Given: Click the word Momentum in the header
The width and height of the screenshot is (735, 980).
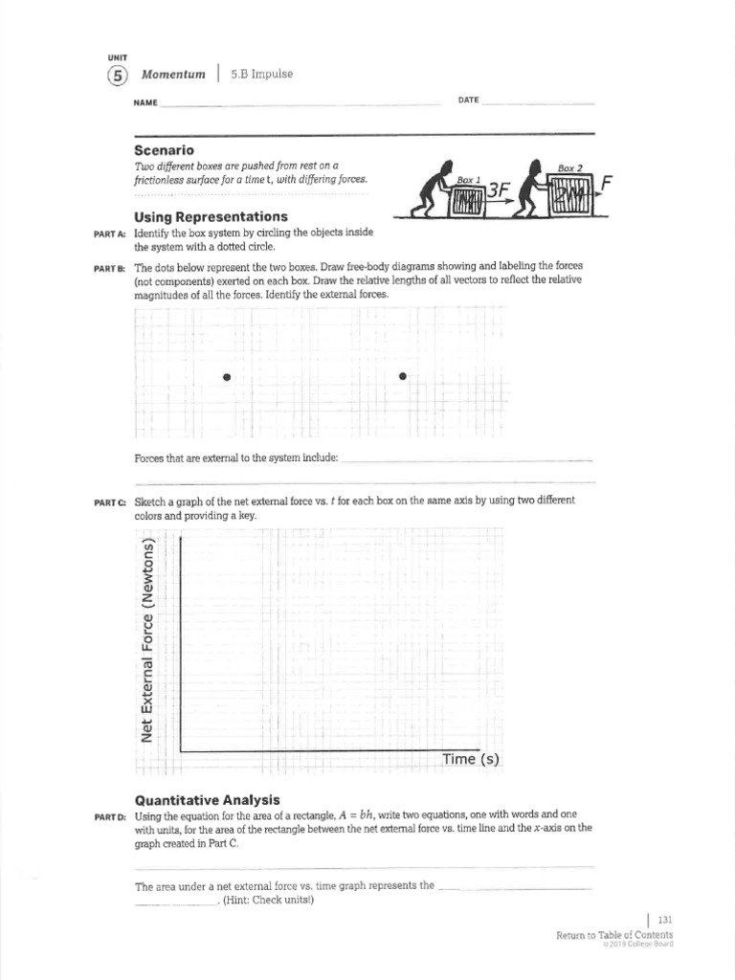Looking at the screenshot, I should coord(173,75).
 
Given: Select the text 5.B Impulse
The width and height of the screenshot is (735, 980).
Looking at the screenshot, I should coord(261,75).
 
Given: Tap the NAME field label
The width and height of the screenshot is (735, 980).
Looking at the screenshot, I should coord(145,101).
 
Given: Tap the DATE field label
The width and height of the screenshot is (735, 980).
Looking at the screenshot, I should coord(468,100).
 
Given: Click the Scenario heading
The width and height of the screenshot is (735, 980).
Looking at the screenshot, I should coord(164,150).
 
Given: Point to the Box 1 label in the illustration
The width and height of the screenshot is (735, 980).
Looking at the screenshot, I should coord(468,180).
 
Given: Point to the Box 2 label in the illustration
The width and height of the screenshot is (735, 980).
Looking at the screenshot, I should coord(571,167).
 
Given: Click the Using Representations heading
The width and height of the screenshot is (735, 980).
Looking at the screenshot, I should coord(211,216).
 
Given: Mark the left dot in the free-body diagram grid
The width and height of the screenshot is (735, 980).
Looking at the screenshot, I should coord(227,376).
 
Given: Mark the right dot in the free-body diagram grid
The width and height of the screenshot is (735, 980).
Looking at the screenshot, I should coord(403,376).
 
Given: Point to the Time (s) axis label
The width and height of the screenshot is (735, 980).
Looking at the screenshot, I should coord(471,759).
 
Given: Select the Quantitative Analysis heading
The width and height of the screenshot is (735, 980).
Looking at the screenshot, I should coord(207,799).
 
